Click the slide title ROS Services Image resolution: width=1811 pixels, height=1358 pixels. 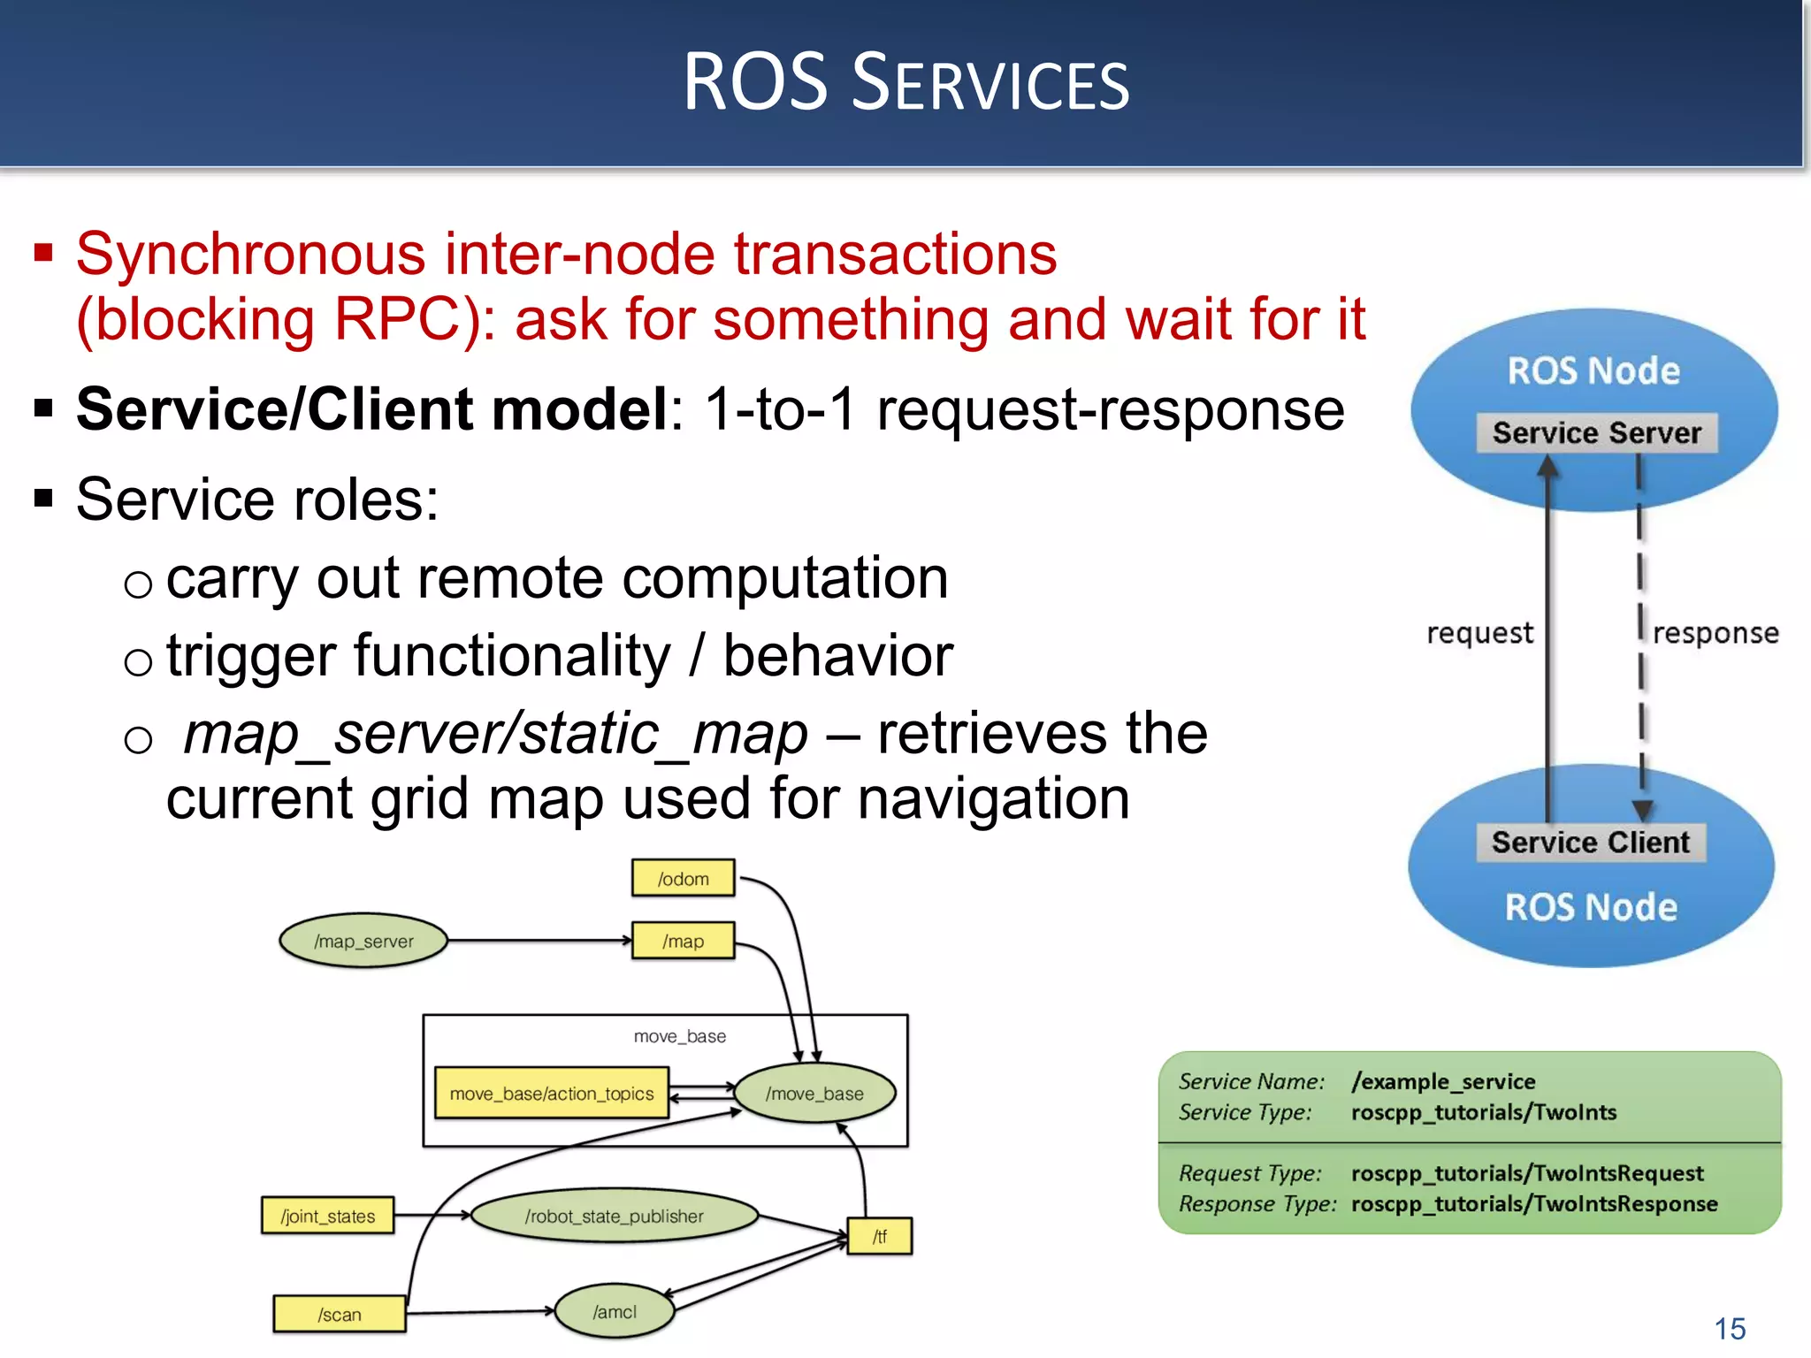905,82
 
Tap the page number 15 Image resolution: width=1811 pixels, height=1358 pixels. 1730,1329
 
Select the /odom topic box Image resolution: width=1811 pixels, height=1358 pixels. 683,879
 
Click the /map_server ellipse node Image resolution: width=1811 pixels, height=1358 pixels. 363,942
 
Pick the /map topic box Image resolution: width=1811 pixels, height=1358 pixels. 683,942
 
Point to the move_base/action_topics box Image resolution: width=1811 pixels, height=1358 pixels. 552,1094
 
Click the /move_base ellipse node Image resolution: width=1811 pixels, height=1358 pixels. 814,1094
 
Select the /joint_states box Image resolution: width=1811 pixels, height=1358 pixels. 327,1217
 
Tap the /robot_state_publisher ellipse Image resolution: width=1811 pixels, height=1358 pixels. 615,1217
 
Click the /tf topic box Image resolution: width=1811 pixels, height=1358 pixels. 880,1236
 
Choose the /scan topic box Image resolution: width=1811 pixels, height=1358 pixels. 340,1315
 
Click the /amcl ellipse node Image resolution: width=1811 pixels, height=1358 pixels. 615,1312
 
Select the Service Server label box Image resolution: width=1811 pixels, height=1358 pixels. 1597,433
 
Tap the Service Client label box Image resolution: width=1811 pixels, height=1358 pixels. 1591,843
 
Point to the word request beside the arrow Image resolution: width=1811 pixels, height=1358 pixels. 1479,633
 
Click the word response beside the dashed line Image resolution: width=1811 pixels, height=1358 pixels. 1715,633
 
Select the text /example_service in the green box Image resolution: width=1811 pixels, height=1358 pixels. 1443,1081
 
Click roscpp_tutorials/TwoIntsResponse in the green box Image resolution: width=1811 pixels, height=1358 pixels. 1534,1204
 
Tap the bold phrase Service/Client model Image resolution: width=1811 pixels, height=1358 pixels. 371,409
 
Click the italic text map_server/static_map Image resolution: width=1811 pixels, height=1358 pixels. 495,734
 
